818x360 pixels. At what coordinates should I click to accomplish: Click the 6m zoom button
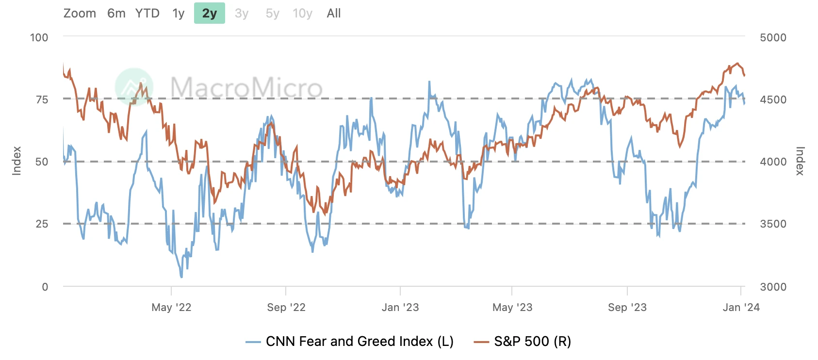pos(116,13)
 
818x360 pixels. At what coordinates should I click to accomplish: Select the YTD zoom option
pos(147,13)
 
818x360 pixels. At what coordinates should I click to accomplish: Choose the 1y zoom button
pos(179,13)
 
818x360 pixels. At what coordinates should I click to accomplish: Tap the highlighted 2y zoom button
pos(210,13)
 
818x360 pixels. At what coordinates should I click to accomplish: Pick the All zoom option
pos(334,13)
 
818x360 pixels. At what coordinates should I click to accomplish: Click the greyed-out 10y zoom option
pos(302,13)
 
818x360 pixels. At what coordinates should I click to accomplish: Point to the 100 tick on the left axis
pos(39,37)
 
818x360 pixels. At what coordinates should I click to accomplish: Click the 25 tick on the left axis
pos(42,224)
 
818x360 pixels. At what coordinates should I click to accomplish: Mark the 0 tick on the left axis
pos(45,287)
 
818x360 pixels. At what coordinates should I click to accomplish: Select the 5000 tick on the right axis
pos(773,37)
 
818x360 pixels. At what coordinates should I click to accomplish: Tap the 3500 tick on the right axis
pos(773,224)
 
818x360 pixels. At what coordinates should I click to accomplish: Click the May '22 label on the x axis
pos(171,307)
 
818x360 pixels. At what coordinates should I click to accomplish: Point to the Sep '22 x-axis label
pos(286,307)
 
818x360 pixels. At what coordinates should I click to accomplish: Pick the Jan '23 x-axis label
pos(400,307)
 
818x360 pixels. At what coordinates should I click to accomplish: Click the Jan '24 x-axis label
pos(741,307)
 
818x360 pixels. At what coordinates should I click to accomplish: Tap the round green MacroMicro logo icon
pos(134,87)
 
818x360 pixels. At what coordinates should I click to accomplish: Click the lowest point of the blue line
pos(181,277)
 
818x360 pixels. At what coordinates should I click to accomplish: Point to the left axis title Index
pos(17,161)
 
